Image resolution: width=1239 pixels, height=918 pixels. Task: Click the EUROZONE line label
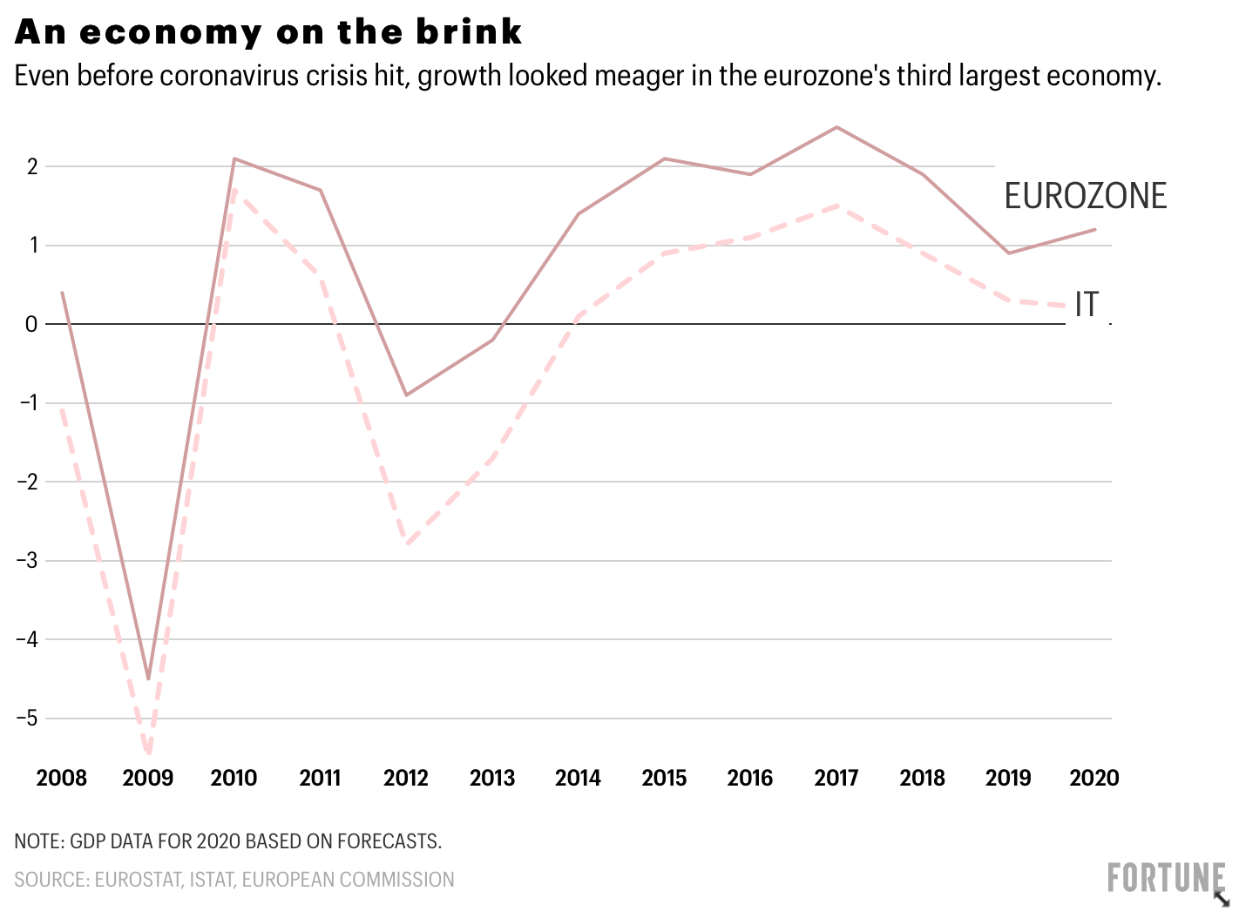click(1085, 196)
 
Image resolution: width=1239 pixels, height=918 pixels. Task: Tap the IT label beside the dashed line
click(1087, 305)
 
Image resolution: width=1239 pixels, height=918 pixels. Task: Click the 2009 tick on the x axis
click(148, 778)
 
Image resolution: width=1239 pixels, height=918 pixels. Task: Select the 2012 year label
click(406, 778)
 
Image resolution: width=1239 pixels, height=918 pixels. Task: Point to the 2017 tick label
click(836, 778)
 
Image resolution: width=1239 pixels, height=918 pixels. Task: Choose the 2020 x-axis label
click(1094, 778)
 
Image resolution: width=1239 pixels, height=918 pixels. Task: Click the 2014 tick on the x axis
click(579, 778)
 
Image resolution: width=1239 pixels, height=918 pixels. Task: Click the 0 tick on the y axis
click(31, 324)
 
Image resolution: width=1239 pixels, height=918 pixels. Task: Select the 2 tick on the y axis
click(32, 166)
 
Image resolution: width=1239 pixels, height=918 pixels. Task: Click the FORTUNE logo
click(1166, 878)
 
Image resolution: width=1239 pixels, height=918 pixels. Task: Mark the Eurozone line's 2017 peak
click(836, 127)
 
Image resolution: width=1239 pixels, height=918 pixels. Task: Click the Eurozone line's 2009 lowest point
click(148, 678)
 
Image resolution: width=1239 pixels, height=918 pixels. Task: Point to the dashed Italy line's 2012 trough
click(406, 543)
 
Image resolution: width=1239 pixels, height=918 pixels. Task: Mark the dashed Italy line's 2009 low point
click(149, 751)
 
